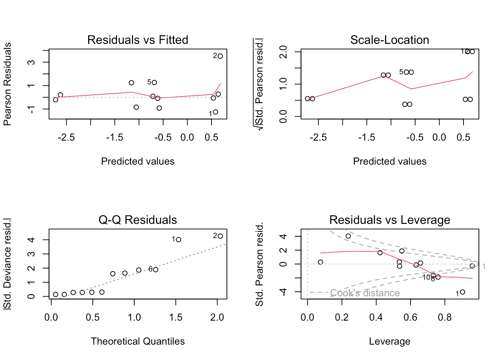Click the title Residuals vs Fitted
click(x=138, y=40)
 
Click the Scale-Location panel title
click(x=390, y=40)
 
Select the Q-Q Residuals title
click(x=138, y=220)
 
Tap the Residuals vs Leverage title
click(x=390, y=220)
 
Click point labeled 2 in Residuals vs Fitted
click(x=220, y=56)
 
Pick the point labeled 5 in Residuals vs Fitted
click(x=154, y=82)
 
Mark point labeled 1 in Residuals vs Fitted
click(x=215, y=112)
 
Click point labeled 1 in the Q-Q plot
click(x=178, y=240)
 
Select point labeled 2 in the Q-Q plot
click(x=220, y=236)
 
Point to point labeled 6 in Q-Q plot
click(x=156, y=270)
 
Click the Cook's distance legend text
click(x=364, y=293)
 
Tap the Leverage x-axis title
click(x=390, y=341)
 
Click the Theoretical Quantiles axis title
click(x=138, y=341)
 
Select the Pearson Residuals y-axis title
click(x=7, y=84)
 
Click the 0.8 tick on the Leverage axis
click(x=445, y=318)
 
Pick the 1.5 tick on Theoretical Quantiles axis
click(x=175, y=318)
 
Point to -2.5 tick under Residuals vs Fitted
click(x=66, y=138)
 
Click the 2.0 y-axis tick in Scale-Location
click(x=283, y=52)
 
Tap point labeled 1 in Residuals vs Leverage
click(x=462, y=292)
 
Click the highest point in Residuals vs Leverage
click(x=348, y=236)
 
